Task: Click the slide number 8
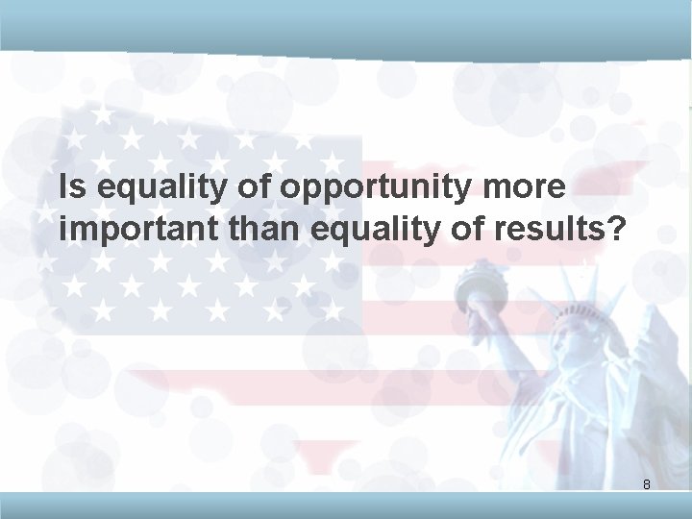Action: click(x=647, y=485)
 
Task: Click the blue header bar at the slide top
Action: click(x=346, y=22)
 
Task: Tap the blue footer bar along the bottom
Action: click(x=346, y=507)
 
